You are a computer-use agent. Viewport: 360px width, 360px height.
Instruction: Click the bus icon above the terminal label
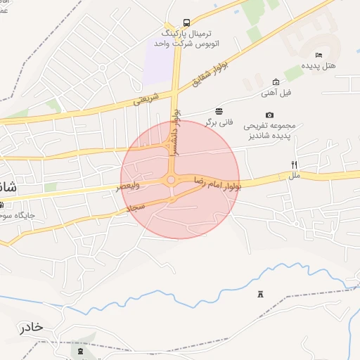click(x=186, y=22)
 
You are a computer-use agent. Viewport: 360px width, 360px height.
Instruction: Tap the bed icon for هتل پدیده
click(x=319, y=55)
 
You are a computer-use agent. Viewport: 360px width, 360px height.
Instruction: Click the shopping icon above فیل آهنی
click(x=275, y=82)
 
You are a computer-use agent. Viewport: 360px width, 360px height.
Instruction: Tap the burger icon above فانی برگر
click(x=219, y=111)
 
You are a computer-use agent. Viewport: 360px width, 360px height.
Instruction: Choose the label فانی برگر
click(x=219, y=122)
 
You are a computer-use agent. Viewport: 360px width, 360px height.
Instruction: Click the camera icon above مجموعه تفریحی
click(x=269, y=115)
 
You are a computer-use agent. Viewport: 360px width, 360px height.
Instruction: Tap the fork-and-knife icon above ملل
click(x=294, y=165)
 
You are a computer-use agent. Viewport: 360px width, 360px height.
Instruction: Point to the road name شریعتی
click(x=146, y=100)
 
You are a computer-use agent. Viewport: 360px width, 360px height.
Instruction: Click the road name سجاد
click(x=136, y=208)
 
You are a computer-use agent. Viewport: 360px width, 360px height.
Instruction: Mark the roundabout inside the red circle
click(x=172, y=180)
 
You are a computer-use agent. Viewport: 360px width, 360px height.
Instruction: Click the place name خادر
click(x=31, y=328)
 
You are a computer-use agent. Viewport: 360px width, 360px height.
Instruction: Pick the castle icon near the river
click(x=262, y=293)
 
